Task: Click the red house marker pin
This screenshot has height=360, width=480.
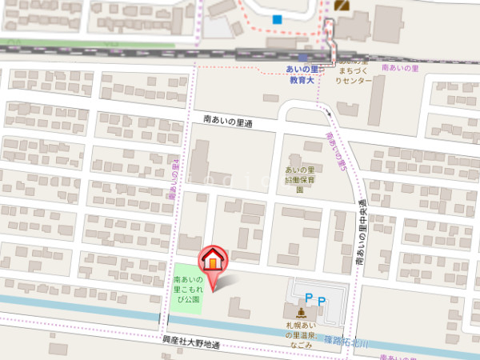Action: [213, 261]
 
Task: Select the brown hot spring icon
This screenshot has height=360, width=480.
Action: [300, 313]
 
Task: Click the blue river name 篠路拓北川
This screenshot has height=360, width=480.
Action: [346, 342]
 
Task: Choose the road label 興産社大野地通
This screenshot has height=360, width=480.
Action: [190, 344]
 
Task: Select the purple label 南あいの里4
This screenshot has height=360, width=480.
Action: [173, 178]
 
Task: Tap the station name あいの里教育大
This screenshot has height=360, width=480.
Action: [302, 75]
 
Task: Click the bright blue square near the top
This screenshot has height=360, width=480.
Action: [278, 19]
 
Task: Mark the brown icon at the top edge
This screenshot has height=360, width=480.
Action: [343, 5]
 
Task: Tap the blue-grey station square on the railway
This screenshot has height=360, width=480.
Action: [302, 57]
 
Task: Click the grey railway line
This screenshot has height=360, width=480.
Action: [120, 51]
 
